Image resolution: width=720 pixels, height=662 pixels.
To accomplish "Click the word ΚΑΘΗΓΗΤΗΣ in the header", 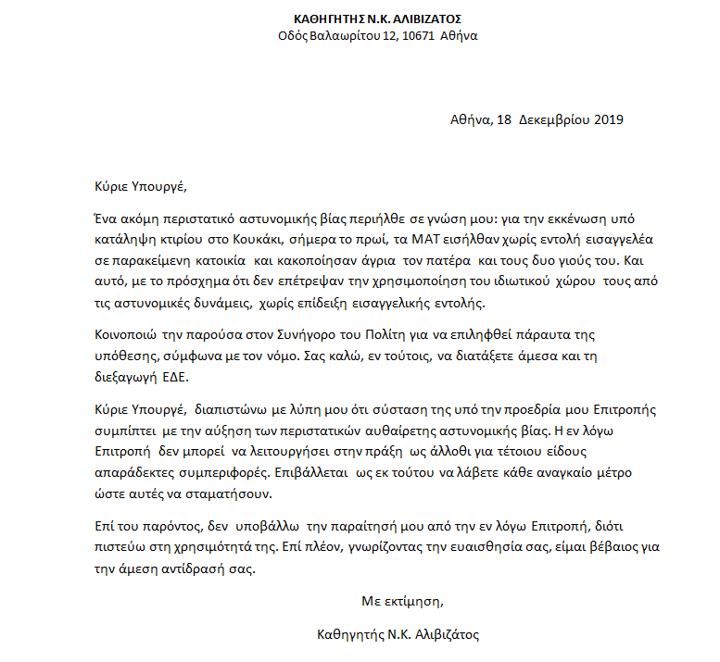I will click(329, 19).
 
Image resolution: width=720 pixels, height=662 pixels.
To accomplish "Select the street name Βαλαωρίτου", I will click(345, 36).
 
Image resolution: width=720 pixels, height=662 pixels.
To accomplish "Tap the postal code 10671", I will click(420, 36).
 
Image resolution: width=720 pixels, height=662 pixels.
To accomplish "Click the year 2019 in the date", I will click(608, 119).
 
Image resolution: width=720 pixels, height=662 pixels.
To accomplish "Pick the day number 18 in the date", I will click(504, 119).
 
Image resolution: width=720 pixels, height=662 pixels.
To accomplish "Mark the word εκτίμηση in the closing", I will click(417, 602).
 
